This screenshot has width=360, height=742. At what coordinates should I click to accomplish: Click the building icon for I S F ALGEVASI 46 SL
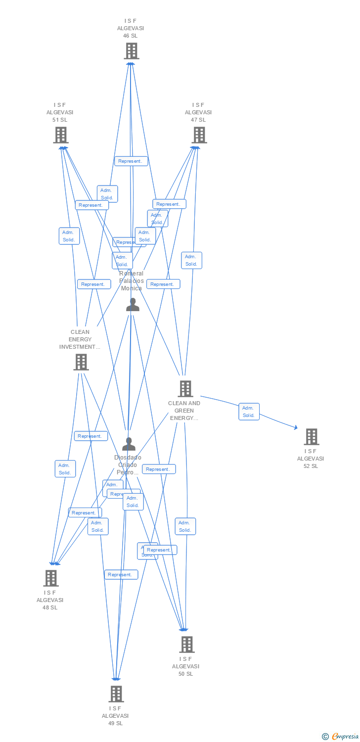(x=131, y=50)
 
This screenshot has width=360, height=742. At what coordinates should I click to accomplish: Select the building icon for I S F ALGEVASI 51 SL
(x=60, y=135)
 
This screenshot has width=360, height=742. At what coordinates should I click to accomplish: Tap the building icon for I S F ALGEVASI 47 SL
(x=199, y=135)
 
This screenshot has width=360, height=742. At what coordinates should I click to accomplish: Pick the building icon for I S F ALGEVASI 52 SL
(x=311, y=436)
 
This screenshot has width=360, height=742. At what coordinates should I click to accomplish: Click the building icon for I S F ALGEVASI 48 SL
(x=50, y=578)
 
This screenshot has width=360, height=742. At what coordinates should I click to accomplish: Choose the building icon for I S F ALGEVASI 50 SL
(x=186, y=644)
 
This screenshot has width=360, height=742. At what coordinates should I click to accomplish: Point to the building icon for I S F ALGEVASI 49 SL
(x=116, y=694)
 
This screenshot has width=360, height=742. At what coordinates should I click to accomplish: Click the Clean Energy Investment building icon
(x=81, y=362)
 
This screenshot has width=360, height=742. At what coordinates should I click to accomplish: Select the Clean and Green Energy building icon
(x=185, y=388)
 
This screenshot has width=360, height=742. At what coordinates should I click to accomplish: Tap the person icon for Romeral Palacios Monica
(x=133, y=305)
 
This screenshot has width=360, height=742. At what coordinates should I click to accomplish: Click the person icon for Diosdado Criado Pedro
(x=129, y=444)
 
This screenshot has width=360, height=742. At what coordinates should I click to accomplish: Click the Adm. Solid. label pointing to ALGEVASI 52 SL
(x=249, y=412)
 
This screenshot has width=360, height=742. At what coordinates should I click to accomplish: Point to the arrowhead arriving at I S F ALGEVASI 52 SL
(x=295, y=428)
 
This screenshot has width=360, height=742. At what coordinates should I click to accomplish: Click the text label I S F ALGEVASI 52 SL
(x=311, y=459)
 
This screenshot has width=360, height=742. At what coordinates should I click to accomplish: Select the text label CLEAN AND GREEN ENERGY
(x=184, y=411)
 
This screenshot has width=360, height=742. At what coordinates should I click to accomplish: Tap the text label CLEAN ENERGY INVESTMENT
(x=80, y=339)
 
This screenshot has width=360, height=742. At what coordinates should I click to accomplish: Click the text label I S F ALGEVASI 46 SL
(x=131, y=28)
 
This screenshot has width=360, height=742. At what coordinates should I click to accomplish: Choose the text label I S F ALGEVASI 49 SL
(x=115, y=716)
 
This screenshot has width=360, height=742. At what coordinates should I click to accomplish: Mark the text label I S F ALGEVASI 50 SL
(x=185, y=666)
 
